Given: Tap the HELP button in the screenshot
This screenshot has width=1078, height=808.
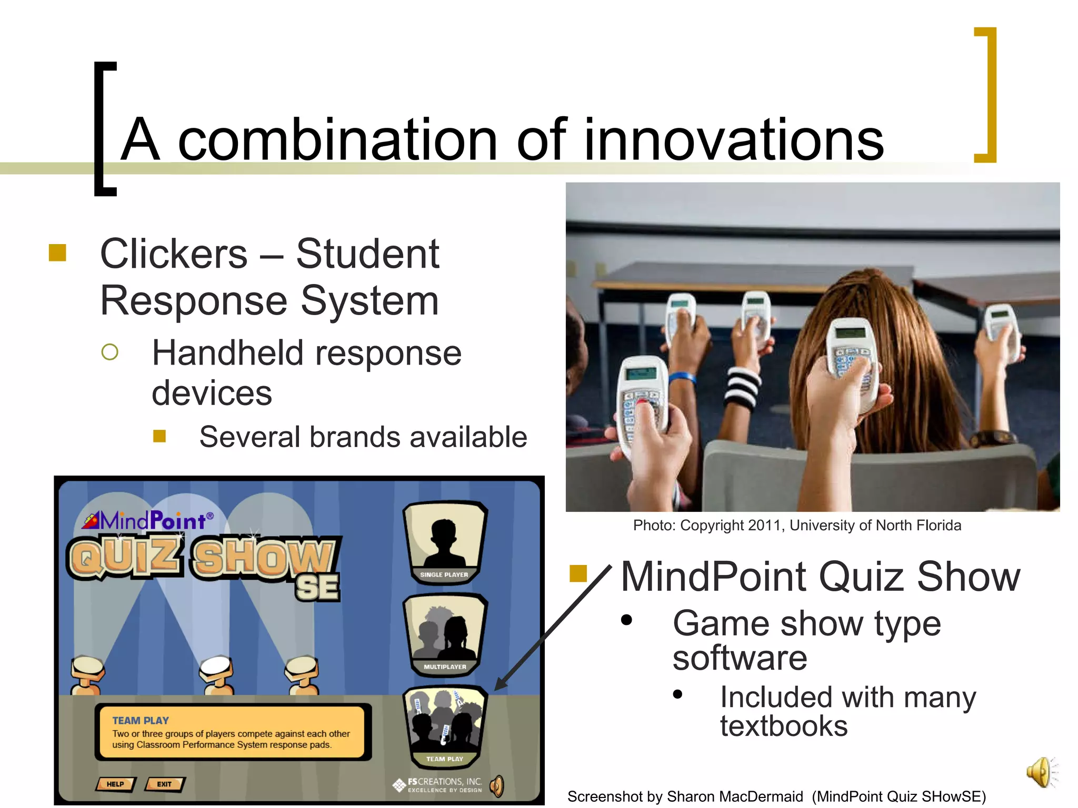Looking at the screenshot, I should click(x=115, y=784).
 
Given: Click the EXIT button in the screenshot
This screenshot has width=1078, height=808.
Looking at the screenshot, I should click(x=164, y=784).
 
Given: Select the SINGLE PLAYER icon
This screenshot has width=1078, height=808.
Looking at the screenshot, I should click(x=445, y=542).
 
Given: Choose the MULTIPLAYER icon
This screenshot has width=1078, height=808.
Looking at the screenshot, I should click(x=445, y=634).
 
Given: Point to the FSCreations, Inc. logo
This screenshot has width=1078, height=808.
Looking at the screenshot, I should click(x=438, y=785).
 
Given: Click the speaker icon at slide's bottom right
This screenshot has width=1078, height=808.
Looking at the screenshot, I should click(x=1041, y=772).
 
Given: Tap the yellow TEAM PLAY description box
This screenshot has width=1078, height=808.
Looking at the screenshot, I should click(x=232, y=732).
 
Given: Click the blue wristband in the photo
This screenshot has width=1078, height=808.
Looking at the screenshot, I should click(x=682, y=377).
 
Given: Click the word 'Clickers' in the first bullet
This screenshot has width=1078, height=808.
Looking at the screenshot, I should click(x=174, y=254).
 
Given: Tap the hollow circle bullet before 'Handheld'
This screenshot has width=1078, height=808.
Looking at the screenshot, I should click(x=109, y=352).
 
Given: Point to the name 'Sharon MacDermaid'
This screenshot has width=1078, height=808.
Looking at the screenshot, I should click(x=735, y=796).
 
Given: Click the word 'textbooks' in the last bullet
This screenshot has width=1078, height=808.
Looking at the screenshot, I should click(x=783, y=726).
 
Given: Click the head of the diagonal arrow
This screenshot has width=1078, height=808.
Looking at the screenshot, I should click(x=500, y=684).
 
